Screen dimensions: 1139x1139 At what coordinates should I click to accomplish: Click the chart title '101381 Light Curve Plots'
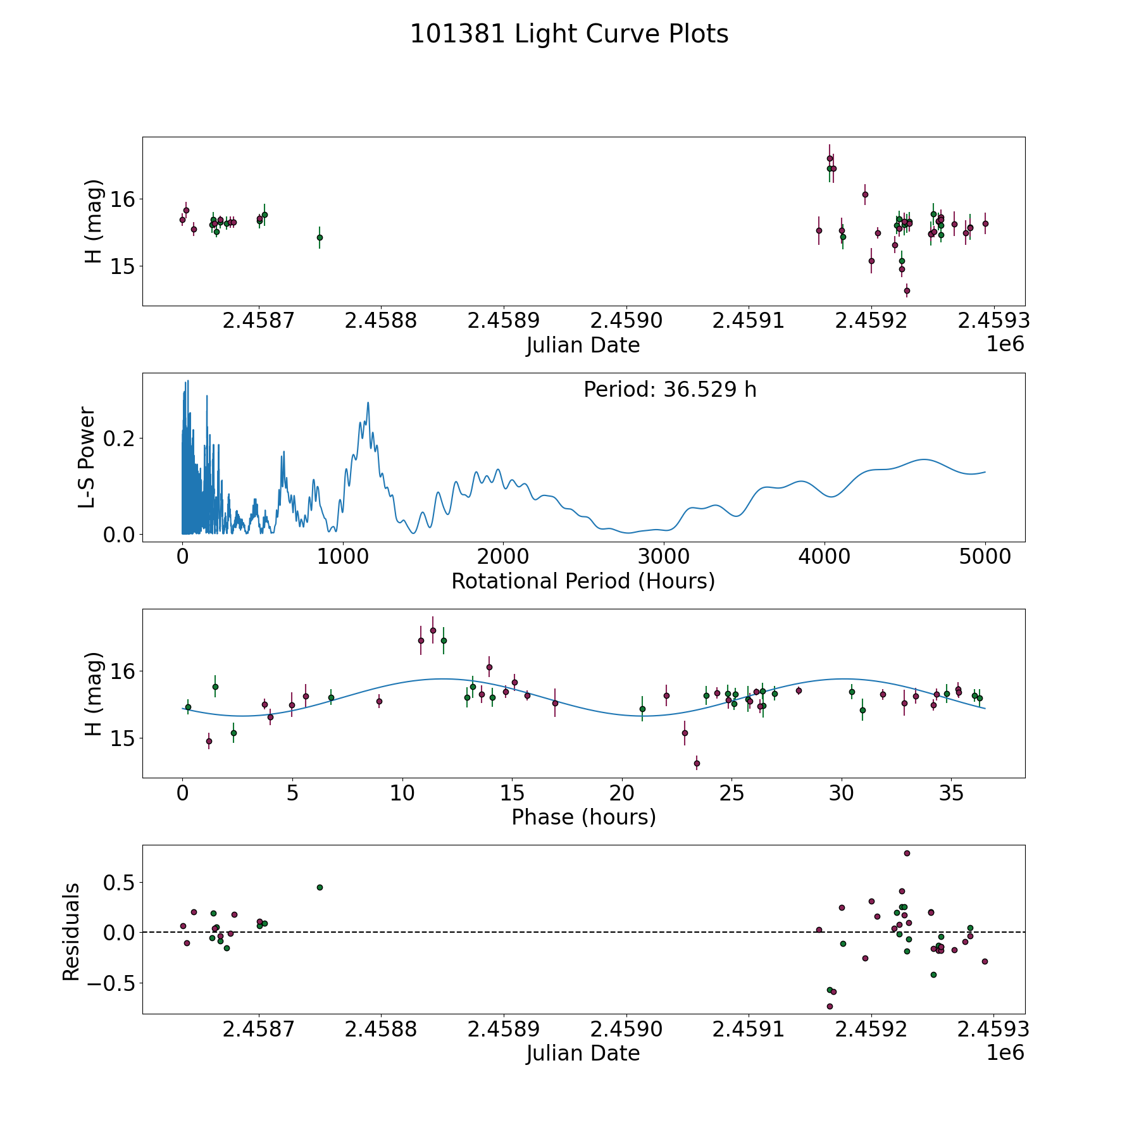(x=569, y=34)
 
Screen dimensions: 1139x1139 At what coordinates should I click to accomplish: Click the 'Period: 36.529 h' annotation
(x=669, y=390)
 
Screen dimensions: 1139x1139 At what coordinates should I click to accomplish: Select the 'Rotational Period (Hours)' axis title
(x=583, y=581)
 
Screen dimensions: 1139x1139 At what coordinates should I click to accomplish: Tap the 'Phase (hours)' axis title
(x=583, y=817)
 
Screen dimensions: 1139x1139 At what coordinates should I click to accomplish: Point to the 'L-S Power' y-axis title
(x=87, y=457)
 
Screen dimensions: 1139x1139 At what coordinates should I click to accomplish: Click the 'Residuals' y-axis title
(x=71, y=931)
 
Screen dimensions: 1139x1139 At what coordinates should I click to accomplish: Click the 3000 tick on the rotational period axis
(x=664, y=557)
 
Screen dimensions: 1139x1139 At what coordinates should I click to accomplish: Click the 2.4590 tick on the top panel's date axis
(x=626, y=321)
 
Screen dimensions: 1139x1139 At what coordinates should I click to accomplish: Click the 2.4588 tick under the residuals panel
(x=380, y=1030)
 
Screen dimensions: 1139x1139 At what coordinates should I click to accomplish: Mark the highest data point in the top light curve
(x=830, y=158)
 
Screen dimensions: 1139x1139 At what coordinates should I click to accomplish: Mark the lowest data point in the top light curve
(x=907, y=290)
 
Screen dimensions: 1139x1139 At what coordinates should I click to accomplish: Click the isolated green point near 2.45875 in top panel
(x=320, y=237)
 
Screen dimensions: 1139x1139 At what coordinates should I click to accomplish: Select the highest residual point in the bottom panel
(x=907, y=853)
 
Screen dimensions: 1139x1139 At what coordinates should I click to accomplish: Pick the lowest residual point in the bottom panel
(x=830, y=1006)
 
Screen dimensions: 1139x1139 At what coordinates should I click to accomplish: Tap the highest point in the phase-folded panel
(x=433, y=630)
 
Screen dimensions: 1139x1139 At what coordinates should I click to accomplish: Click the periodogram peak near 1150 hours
(x=368, y=402)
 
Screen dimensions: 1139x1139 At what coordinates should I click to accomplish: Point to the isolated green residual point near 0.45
(x=320, y=887)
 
